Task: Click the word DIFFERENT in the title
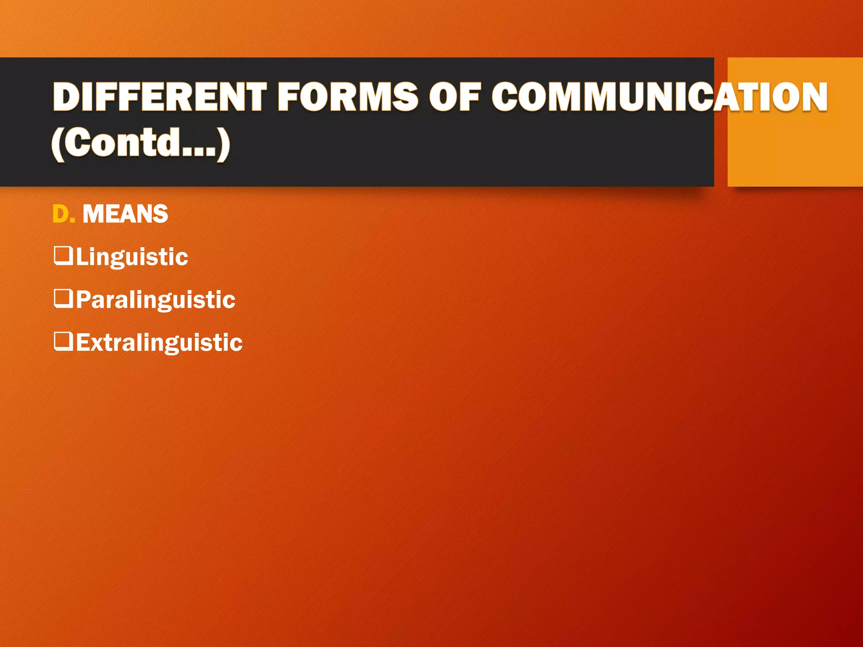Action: tap(159, 97)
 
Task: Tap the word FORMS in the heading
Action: tap(348, 97)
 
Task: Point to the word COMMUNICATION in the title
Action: tap(659, 97)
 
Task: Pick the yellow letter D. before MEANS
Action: tap(63, 214)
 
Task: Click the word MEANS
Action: tap(125, 214)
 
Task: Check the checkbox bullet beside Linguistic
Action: tap(64, 255)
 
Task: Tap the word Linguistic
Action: tap(131, 257)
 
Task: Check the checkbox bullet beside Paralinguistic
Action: tap(64, 298)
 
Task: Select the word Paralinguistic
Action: tap(155, 300)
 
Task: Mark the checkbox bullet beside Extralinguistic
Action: tap(64, 341)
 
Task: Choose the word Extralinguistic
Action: tap(159, 342)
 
